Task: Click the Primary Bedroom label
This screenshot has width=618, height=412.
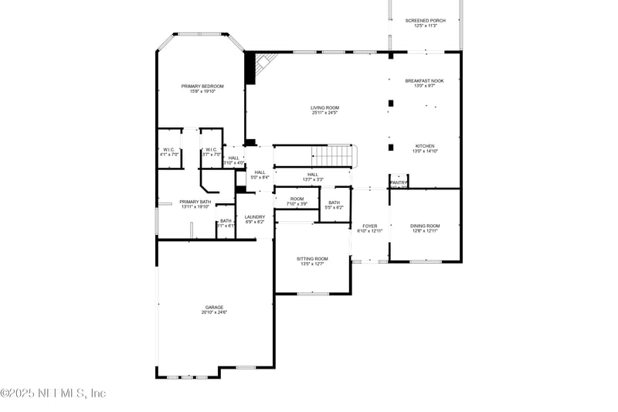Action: tap(202, 86)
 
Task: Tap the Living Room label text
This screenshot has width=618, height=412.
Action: tap(324, 107)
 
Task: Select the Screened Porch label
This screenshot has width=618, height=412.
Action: tap(426, 20)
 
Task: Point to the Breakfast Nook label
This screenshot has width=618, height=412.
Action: tap(425, 80)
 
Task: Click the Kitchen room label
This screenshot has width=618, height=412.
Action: tap(425, 146)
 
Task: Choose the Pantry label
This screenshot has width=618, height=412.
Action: tap(399, 182)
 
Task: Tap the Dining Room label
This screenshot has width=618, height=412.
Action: tap(425, 226)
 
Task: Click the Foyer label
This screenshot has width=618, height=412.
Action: tap(369, 226)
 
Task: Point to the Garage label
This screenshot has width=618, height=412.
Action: tap(214, 307)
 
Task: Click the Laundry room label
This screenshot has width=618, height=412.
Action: tap(255, 216)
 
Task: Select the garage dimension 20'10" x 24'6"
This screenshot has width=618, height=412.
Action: tap(214, 312)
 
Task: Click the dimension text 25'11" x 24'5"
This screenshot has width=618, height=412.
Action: tap(324, 113)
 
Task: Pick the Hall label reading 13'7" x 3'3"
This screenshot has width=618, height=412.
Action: tap(312, 179)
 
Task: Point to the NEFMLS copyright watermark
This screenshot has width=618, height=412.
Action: tap(53, 393)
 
